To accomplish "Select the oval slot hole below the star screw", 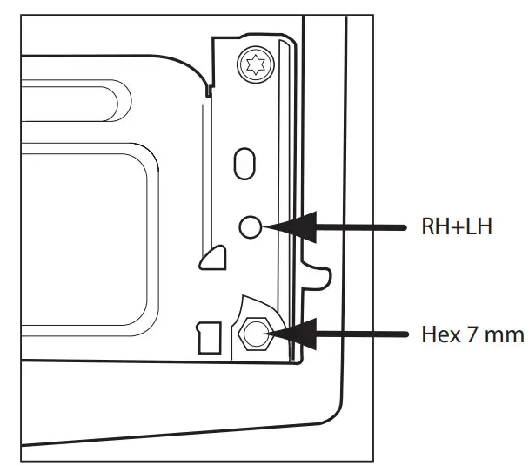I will click(x=245, y=163).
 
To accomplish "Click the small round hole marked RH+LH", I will click(x=249, y=227).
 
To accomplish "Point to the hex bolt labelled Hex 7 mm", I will click(x=256, y=334).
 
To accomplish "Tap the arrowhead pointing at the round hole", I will click(x=278, y=227).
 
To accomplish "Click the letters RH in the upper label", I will click(x=432, y=228).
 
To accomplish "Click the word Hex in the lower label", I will click(x=438, y=334).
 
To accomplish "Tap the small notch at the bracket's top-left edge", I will click(x=207, y=90).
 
